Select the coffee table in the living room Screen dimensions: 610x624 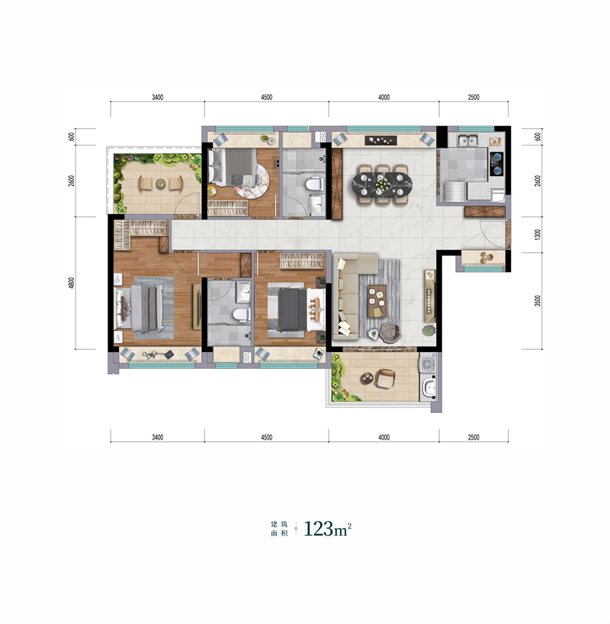[x=377, y=301]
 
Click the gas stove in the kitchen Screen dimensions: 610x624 [x=496, y=164]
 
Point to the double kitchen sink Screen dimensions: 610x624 [x=468, y=140]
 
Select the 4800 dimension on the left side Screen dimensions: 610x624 [x=71, y=283]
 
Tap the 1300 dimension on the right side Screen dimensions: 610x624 [x=538, y=235]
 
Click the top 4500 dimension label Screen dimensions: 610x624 [x=266, y=97]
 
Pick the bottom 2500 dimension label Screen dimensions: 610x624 [x=474, y=437]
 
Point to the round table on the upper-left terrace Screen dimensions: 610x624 [x=160, y=184]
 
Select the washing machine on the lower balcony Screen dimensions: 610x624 [x=428, y=363]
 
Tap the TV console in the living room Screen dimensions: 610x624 [x=429, y=296]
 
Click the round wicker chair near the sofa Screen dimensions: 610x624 [x=389, y=333]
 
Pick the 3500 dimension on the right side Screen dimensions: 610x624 [x=538, y=301]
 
